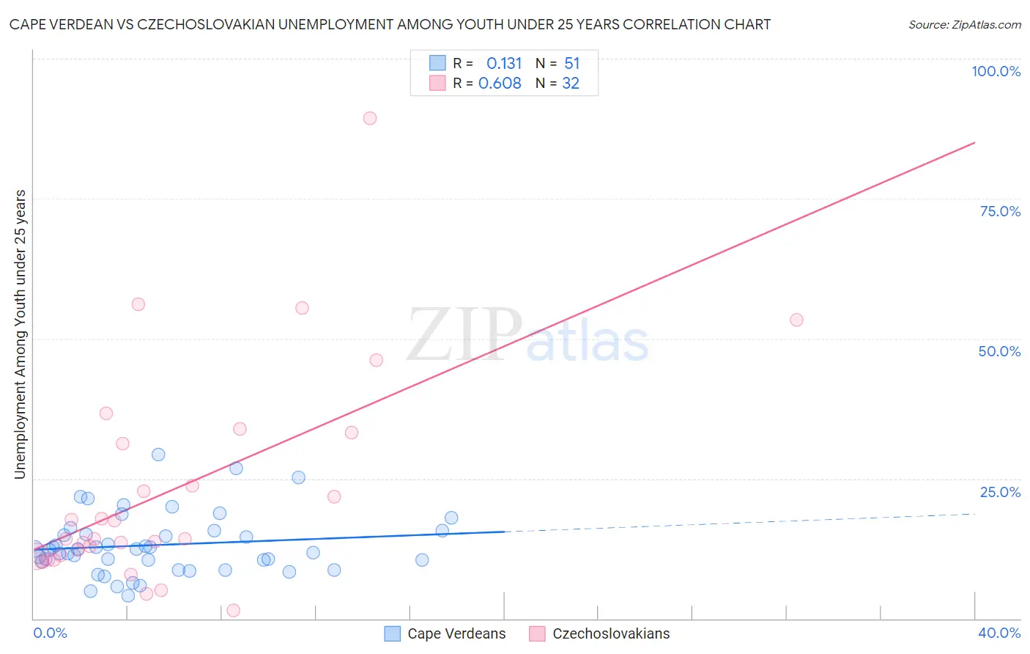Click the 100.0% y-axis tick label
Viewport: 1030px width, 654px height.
pos(996,71)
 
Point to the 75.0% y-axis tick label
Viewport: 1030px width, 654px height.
pos(999,211)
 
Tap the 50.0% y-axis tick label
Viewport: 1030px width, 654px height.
pos(998,351)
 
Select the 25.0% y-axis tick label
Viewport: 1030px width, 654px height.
pos(999,492)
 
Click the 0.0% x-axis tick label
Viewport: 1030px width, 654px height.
pos(50,633)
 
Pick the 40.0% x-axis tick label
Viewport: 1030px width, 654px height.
pos(998,633)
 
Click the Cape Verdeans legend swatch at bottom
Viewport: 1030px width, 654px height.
pos(393,633)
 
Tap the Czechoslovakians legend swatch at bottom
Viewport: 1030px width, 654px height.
pos(538,633)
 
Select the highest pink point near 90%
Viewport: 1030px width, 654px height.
pos(370,118)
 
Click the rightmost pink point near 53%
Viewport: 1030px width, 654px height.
pos(796,320)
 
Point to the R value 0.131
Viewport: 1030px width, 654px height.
pos(504,64)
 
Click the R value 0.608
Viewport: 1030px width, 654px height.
pos(500,84)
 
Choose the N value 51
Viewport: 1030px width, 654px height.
pos(571,64)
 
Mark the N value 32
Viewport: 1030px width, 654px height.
pos(571,84)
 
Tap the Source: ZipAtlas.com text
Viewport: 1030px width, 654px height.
pos(964,24)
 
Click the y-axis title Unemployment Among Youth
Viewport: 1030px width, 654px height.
pos(20,334)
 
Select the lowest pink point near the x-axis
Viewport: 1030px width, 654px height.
pos(234,610)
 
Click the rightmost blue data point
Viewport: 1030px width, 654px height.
pos(451,518)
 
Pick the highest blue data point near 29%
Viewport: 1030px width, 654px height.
pos(158,455)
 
